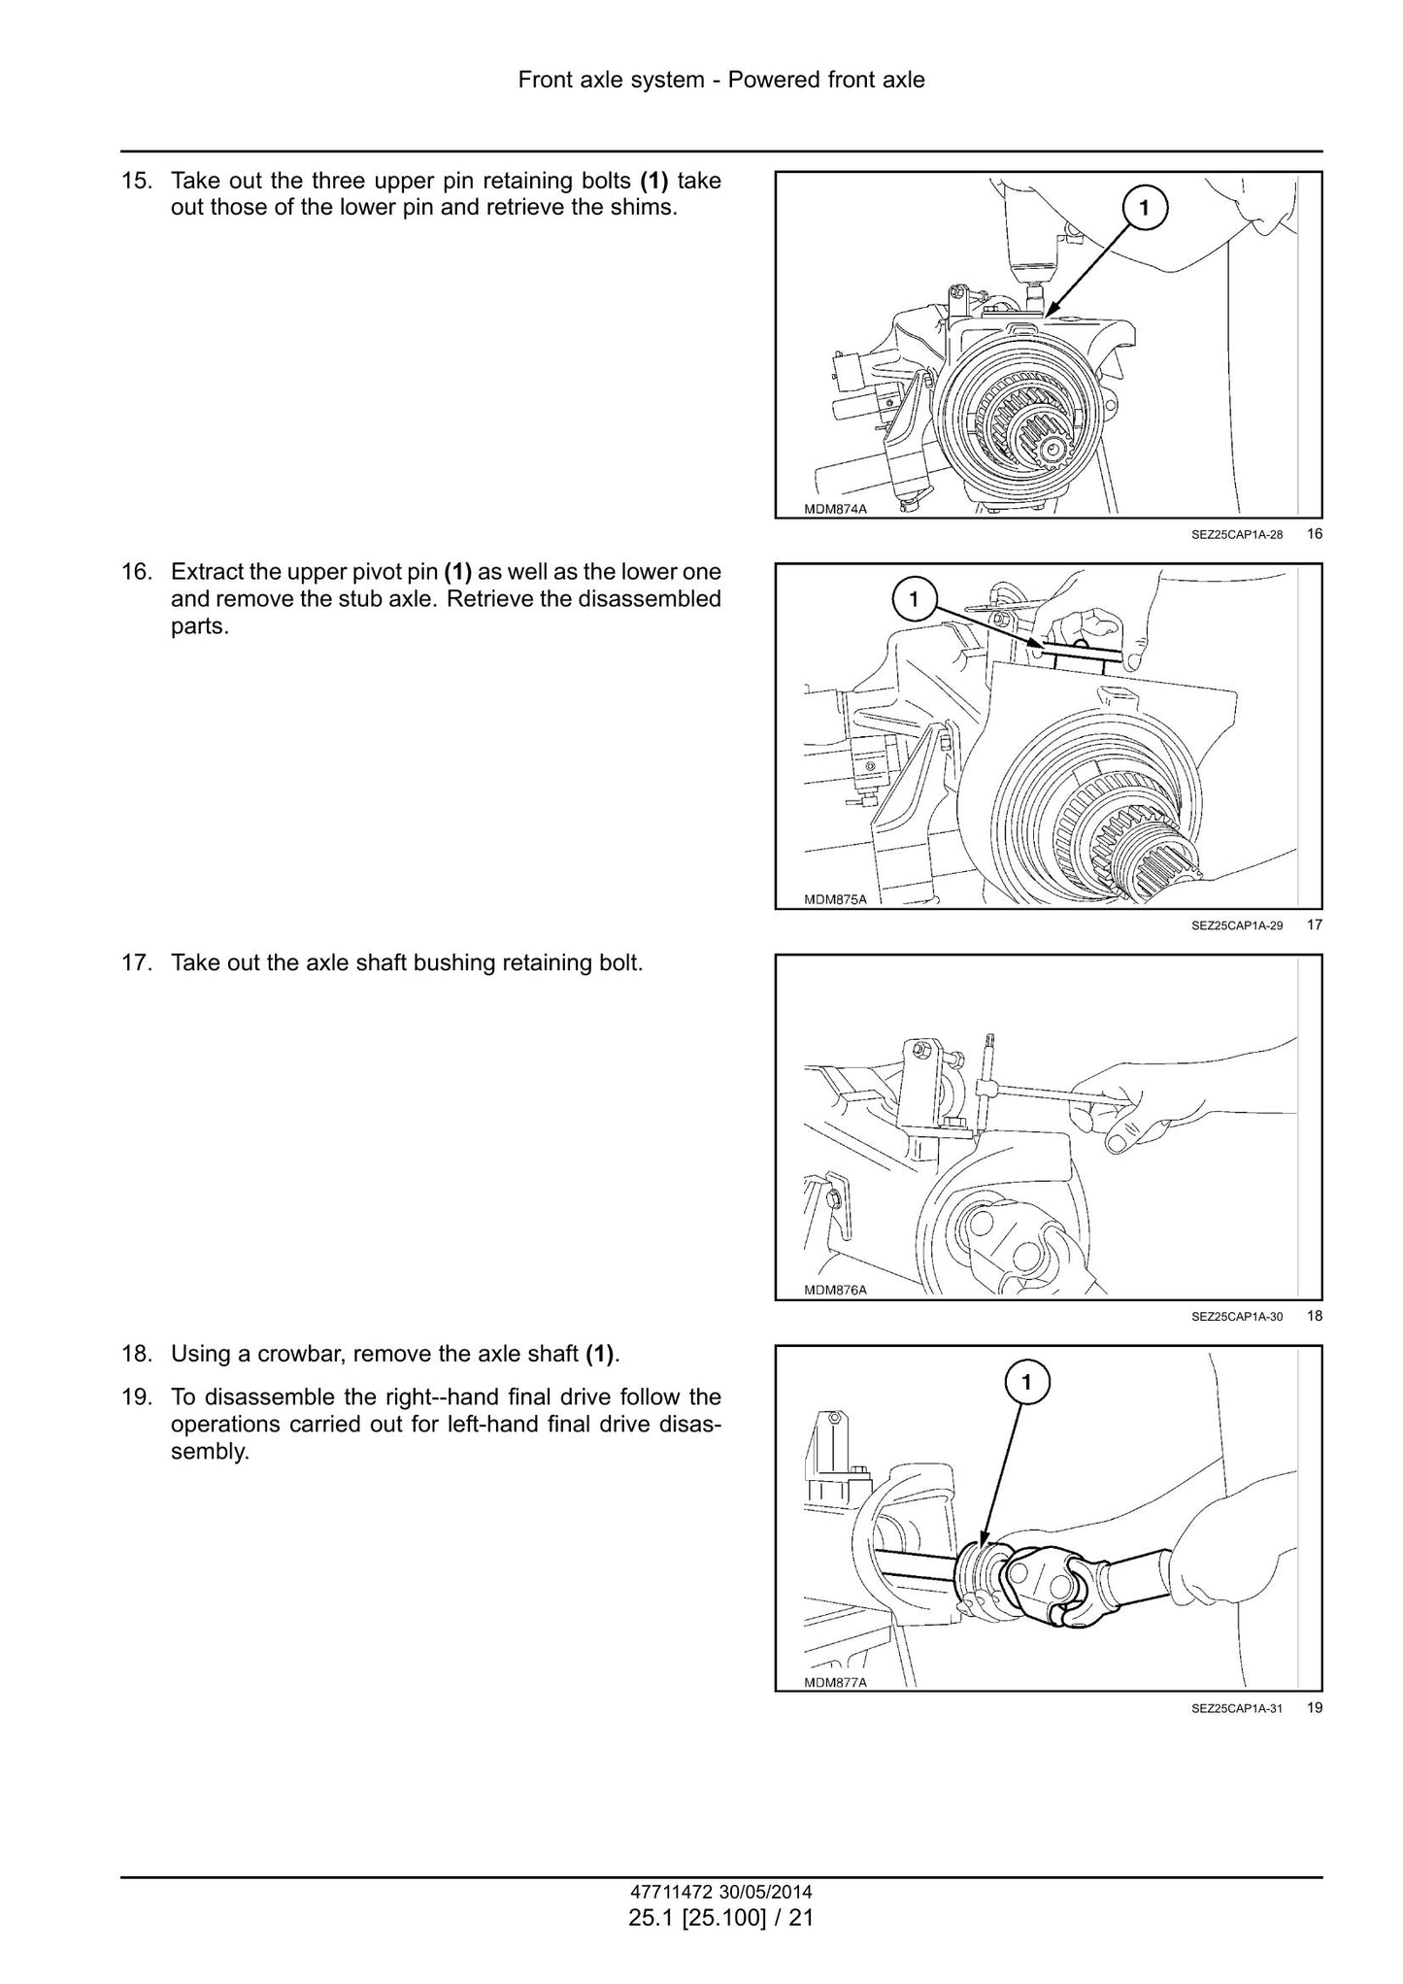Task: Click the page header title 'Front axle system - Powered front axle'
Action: [x=721, y=80]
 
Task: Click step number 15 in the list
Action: [x=137, y=181]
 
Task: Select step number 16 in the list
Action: [x=137, y=571]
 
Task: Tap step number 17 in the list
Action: [x=137, y=963]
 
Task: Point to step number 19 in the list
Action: [x=137, y=1396]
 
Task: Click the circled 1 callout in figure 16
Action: [x=1144, y=207]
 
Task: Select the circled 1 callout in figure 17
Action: [x=914, y=599]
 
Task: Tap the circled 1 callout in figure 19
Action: [x=1026, y=1380]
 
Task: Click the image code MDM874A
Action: [x=835, y=509]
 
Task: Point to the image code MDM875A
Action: [x=835, y=899]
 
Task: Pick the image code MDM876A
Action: [x=835, y=1291]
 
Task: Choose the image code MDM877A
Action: [x=835, y=1683]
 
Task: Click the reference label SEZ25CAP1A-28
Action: [x=1237, y=534]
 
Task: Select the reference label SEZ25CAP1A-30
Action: [x=1237, y=1317]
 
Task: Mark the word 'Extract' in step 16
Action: [x=207, y=571]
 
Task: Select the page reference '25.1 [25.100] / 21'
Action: [x=720, y=1917]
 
